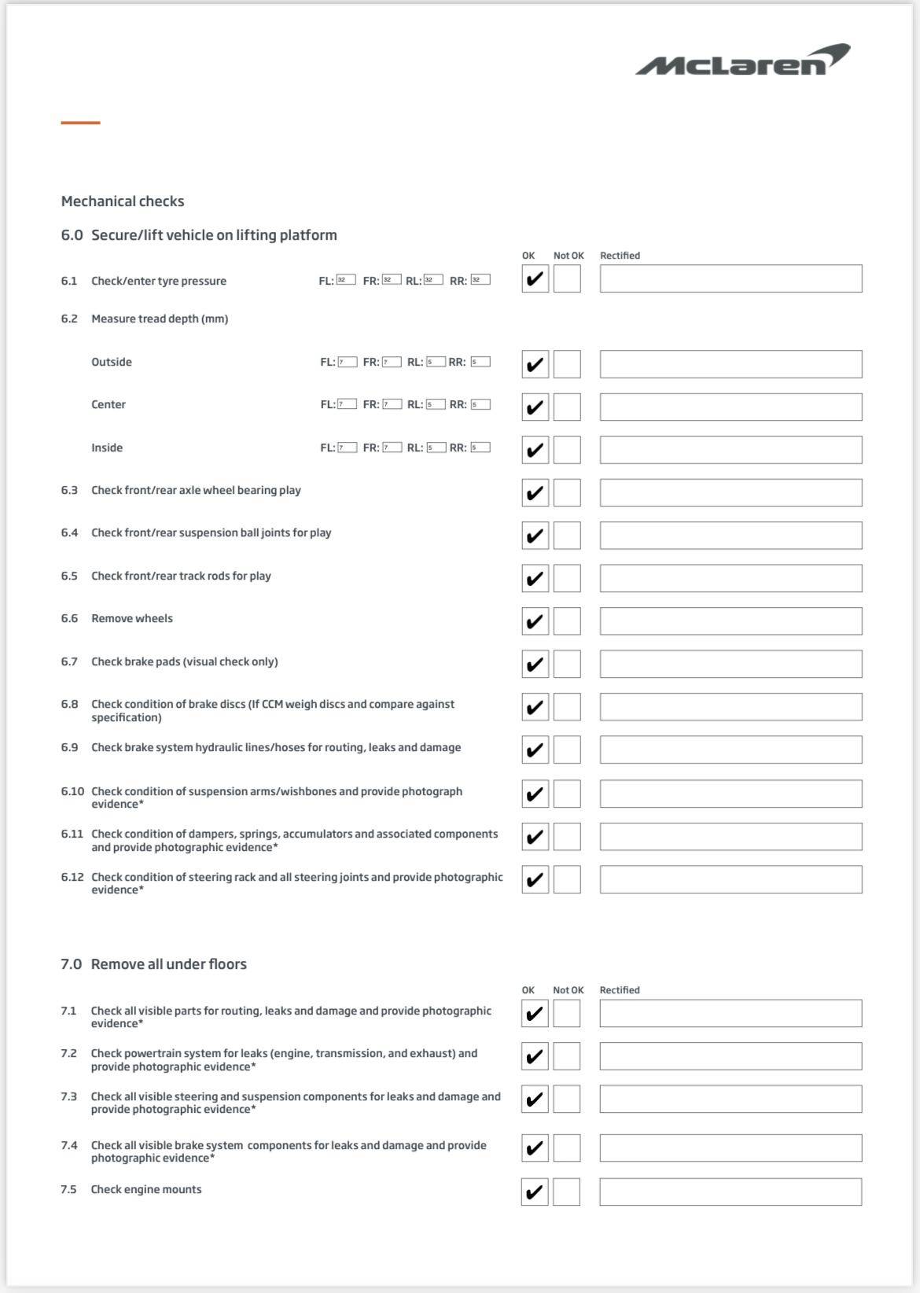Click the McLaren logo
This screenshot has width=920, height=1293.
click(x=742, y=61)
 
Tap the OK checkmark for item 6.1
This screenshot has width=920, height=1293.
click(x=535, y=278)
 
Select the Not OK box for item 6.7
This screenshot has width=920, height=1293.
click(x=567, y=664)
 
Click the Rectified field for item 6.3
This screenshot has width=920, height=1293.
click(x=730, y=493)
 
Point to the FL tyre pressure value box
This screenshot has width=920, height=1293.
click(x=346, y=279)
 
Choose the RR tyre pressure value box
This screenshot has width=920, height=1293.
click(x=480, y=279)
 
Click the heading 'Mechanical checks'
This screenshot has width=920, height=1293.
click(x=123, y=201)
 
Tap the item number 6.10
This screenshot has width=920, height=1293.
click(x=72, y=791)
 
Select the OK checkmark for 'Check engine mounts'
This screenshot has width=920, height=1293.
click(x=535, y=1192)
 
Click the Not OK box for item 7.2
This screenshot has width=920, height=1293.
click(x=566, y=1056)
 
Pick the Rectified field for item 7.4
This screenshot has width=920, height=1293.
click(x=730, y=1148)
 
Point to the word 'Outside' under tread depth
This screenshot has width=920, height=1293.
click(x=112, y=362)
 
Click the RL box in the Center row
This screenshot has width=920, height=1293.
click(x=436, y=404)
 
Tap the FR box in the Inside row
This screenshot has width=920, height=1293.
click(x=392, y=448)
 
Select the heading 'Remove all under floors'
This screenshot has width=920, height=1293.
click(x=168, y=964)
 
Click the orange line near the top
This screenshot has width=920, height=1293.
click(x=80, y=123)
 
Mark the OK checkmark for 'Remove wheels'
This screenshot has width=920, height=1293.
click(x=535, y=621)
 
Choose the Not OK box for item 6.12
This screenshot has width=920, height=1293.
click(x=567, y=879)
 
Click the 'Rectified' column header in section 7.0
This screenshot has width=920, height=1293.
click(x=620, y=990)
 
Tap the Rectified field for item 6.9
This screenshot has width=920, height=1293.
click(x=730, y=750)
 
